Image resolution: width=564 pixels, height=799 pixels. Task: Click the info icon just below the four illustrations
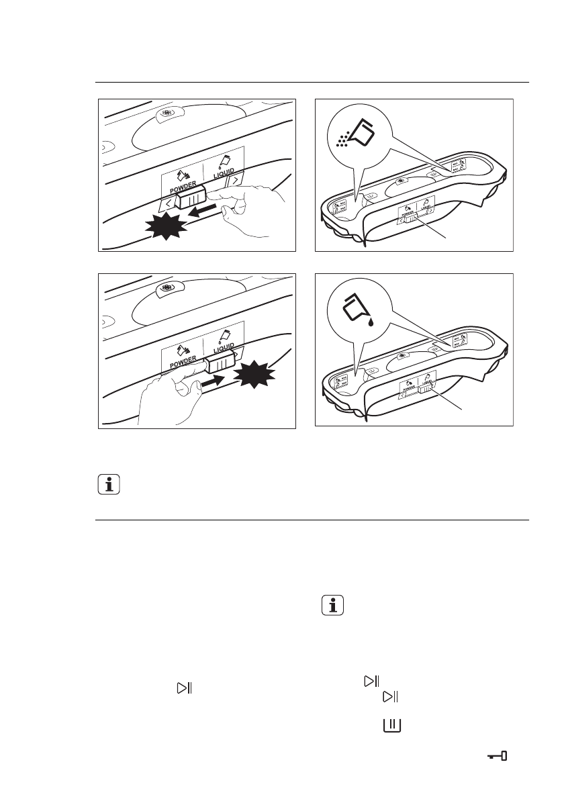[x=109, y=484]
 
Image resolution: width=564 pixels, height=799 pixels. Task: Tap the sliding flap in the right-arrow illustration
[x=219, y=363]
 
